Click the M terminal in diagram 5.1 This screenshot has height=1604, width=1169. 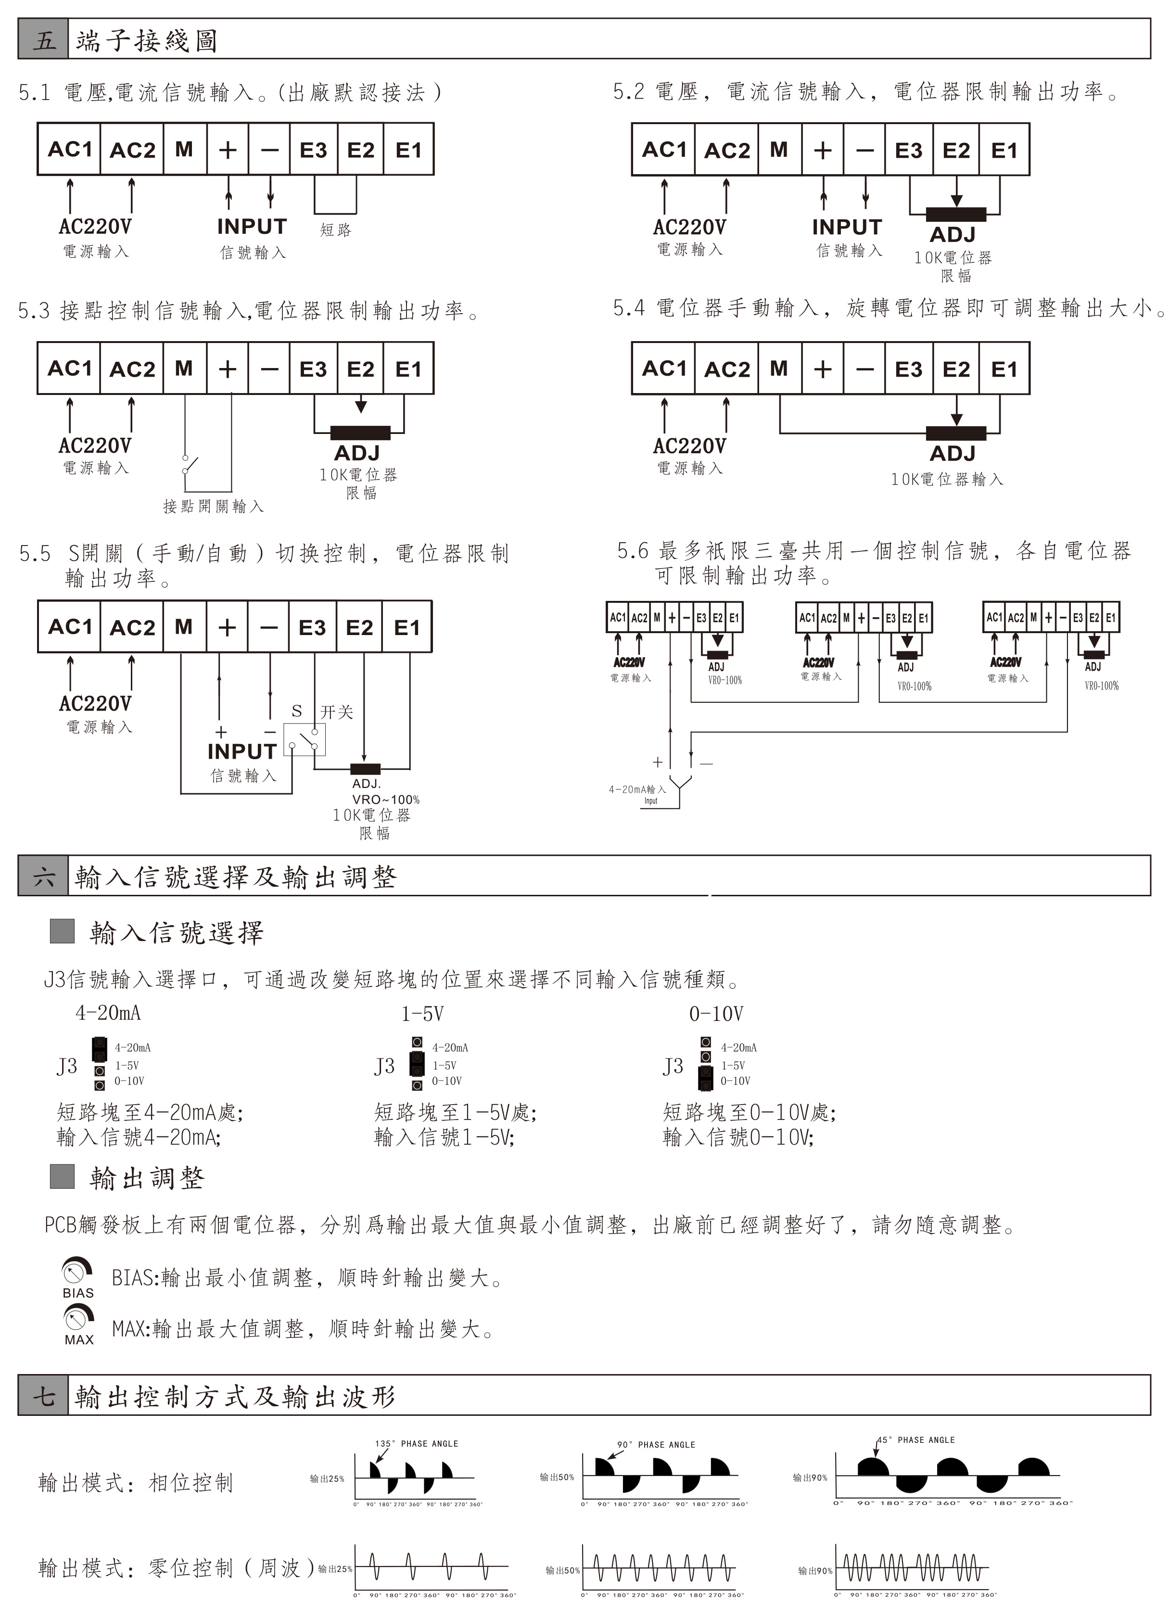coord(184,149)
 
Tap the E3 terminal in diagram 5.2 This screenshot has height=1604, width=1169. coord(909,150)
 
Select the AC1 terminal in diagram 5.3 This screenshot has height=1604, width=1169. coord(69,369)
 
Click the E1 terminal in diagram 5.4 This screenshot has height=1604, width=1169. coord(1004,369)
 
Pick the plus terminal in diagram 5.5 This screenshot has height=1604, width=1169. coord(227,627)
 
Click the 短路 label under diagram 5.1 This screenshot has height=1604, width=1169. coord(335,229)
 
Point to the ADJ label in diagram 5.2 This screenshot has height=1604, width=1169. coord(953,234)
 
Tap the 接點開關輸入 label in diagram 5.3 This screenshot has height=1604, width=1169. coord(213,506)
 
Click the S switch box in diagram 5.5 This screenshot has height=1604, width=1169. coord(305,739)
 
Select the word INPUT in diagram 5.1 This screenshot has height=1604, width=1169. coord(252,227)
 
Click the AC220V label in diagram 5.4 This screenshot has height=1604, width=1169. coord(689,446)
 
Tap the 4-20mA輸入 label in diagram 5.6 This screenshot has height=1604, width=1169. coord(637,789)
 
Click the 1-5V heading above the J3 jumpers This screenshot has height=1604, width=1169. coord(422,1014)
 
